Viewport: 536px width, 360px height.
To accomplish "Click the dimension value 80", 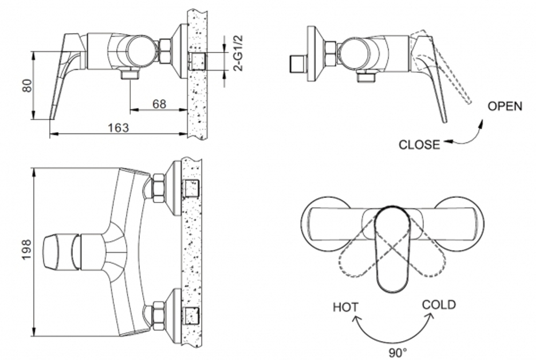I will coord(27,86).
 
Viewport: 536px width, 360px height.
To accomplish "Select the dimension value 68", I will coord(159,104).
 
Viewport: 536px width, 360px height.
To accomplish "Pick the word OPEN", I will coord(504,106).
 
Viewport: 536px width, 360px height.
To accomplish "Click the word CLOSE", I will coord(419,144).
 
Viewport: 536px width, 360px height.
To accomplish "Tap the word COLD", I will coord(438,305).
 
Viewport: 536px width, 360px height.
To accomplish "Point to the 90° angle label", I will coord(398,352).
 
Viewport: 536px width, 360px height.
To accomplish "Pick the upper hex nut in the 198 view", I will coord(158,188).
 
